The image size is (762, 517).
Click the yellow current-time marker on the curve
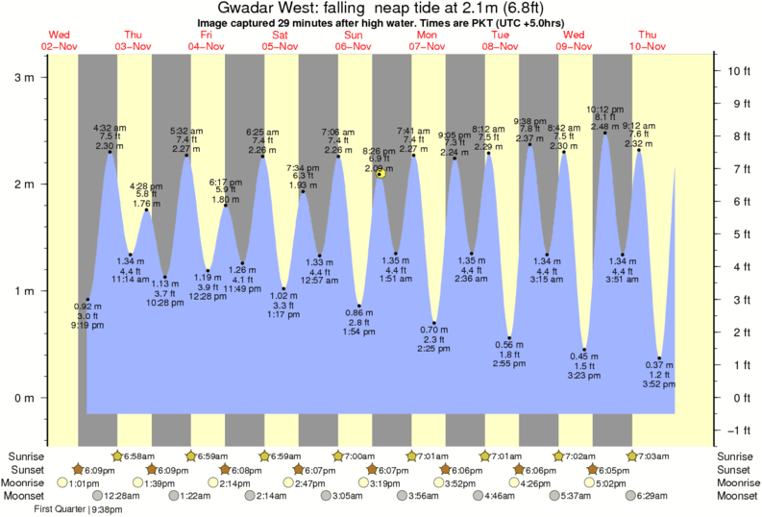click(x=381, y=174)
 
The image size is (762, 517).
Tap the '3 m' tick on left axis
click(x=29, y=77)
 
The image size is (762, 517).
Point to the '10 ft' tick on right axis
click(x=735, y=70)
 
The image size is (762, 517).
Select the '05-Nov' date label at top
click(x=281, y=45)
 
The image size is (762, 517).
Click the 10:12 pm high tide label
click(x=605, y=109)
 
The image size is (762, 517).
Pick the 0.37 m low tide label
click(x=658, y=365)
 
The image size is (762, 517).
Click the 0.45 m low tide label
click(x=584, y=357)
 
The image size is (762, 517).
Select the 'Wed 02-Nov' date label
click(x=60, y=39)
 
